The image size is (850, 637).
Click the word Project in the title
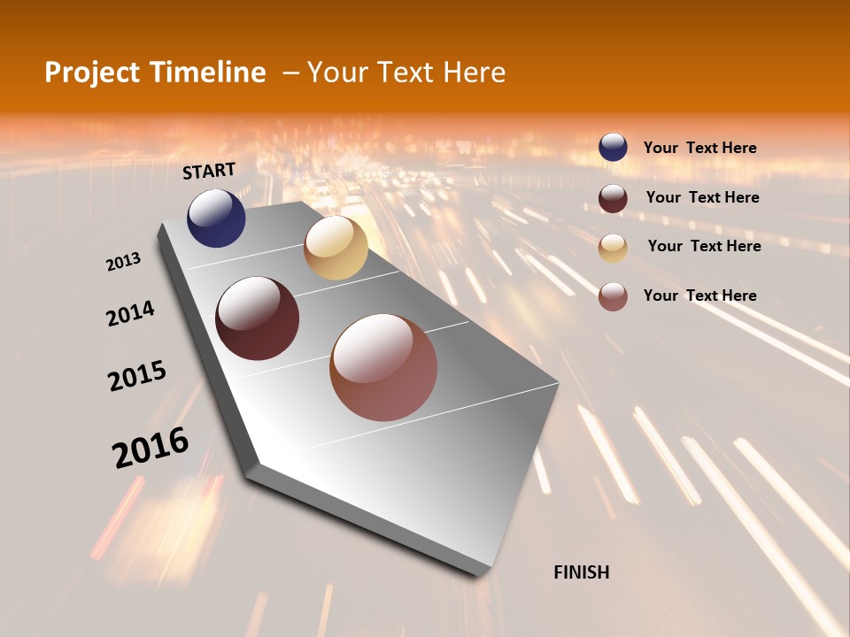pos(91,73)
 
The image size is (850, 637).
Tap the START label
pos(209,171)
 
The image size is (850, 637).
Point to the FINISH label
pos(581,572)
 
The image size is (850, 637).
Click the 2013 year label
pos(123,262)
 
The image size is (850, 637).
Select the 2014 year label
pos(130,313)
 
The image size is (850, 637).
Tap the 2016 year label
pos(151,447)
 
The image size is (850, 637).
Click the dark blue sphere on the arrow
pos(216,218)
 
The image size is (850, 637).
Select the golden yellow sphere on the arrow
pos(336,248)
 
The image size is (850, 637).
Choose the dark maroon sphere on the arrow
pos(257,318)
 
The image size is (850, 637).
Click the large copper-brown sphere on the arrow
pos(383,367)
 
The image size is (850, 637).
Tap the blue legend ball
pos(613,148)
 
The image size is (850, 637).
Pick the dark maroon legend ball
pos(613,198)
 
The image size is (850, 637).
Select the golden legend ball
pos(613,248)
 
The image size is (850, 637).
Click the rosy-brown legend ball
pos(613,296)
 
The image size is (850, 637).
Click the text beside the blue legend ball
pos(699,148)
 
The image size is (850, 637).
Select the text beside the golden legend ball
pos(704,246)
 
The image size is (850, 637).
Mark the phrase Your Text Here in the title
pos(406,73)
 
